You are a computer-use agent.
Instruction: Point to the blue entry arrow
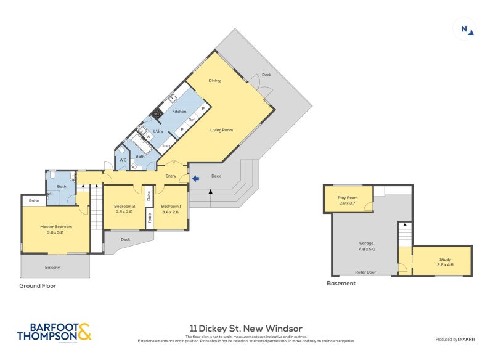[195, 179]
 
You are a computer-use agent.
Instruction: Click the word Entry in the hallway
[171, 176]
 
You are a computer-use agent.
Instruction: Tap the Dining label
[214, 81]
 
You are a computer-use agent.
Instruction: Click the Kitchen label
[179, 112]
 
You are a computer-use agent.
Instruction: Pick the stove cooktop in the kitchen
[157, 113]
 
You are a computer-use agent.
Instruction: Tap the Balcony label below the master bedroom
[52, 267]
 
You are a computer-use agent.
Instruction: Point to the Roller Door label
[365, 272]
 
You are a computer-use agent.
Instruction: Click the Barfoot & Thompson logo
[54, 331]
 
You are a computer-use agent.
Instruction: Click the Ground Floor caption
[38, 285]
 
